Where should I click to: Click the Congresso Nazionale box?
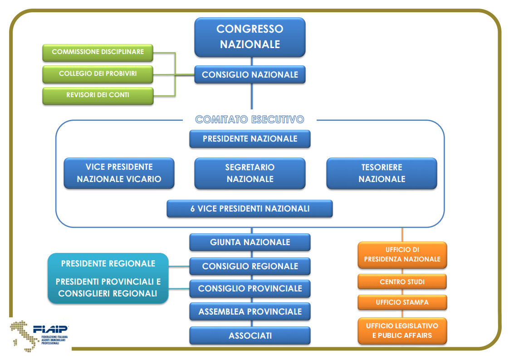(x=250, y=37)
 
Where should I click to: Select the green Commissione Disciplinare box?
(x=98, y=52)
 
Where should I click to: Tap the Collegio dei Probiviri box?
(x=98, y=74)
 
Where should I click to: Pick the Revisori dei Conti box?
(x=98, y=95)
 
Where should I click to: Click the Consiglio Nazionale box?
(x=250, y=74)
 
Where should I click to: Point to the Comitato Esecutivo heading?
(x=250, y=120)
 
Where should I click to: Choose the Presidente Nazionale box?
(x=250, y=139)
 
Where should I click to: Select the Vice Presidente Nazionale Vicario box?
(x=119, y=173)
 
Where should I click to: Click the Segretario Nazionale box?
(x=250, y=173)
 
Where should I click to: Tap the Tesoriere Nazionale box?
(x=382, y=173)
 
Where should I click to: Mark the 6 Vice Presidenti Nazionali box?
(x=250, y=209)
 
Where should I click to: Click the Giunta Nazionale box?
(x=250, y=242)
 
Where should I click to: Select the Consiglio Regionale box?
(x=250, y=266)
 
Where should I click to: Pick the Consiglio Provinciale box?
(x=250, y=289)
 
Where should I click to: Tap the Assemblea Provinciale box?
(x=250, y=312)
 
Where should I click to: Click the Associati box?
(x=250, y=336)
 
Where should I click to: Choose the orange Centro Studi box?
(x=402, y=282)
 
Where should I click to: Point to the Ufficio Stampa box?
(x=402, y=302)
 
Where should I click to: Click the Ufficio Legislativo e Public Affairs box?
(x=402, y=330)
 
